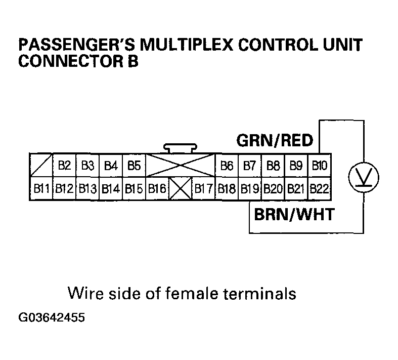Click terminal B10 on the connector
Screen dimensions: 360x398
[x=319, y=165]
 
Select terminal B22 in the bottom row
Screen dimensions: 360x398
[x=319, y=189]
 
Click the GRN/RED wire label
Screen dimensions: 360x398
[x=275, y=140]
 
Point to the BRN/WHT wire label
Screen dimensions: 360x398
[x=293, y=214]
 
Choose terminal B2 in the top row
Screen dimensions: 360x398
[x=64, y=165]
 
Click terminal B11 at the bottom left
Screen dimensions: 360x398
[x=41, y=189]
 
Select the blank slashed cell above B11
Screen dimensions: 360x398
[x=41, y=165]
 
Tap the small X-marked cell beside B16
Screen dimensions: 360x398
[x=181, y=189]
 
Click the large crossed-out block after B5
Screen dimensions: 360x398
[x=181, y=165]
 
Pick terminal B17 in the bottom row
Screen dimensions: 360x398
[x=204, y=189]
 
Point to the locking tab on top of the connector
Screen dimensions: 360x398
[x=180, y=149]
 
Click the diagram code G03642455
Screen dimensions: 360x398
[x=51, y=318]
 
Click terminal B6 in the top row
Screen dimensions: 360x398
[x=227, y=165]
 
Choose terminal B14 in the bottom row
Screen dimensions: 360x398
[x=110, y=189]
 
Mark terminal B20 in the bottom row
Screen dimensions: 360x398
[x=273, y=189]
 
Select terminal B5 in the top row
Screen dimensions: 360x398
[x=134, y=165]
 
